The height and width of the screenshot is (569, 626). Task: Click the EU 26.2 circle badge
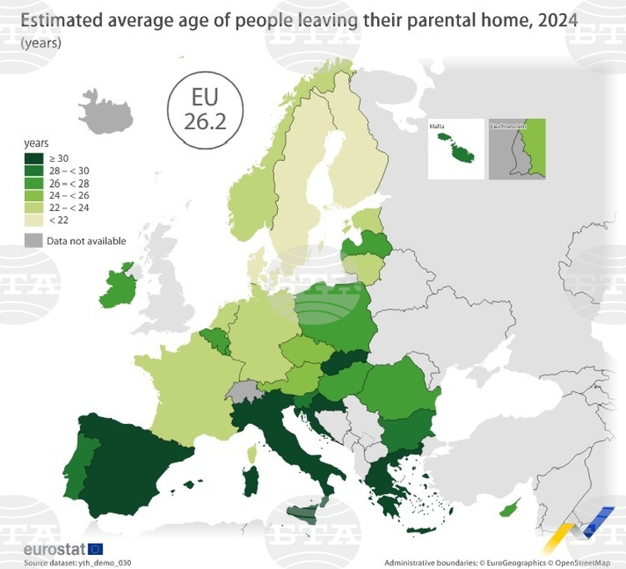tap(205, 110)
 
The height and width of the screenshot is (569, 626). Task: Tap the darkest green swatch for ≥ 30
tap(34, 159)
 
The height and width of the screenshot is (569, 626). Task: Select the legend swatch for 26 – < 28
tap(34, 183)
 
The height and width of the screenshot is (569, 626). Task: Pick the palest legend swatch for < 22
tap(34, 219)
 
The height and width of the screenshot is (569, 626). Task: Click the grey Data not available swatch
tap(34, 241)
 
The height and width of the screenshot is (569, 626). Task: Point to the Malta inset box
tap(455, 149)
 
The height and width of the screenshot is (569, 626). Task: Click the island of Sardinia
tap(250, 481)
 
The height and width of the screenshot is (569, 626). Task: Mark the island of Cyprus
tap(513, 506)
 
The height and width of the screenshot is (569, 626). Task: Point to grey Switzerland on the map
tap(243, 391)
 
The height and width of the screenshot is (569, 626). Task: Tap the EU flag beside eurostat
tap(94, 549)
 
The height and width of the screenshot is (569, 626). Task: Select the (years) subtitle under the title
tap(40, 42)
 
